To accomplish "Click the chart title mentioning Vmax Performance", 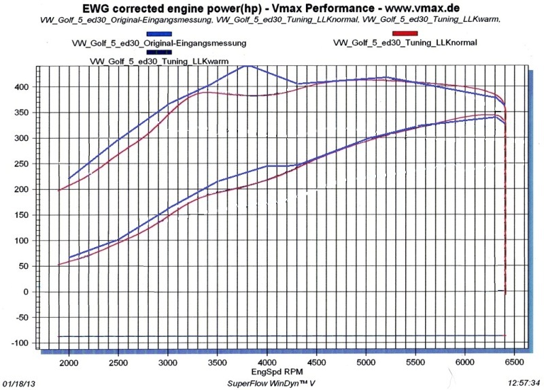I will click(272, 8).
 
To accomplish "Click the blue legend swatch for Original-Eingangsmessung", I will click(159, 33).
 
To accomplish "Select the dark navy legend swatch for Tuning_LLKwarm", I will click(159, 52).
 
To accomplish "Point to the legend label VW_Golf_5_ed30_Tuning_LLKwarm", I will click(159, 61).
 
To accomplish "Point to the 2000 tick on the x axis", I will click(69, 363).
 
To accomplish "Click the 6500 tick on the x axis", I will click(514, 363).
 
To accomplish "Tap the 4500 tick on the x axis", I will click(317, 363).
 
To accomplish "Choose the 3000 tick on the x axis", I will click(168, 363).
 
